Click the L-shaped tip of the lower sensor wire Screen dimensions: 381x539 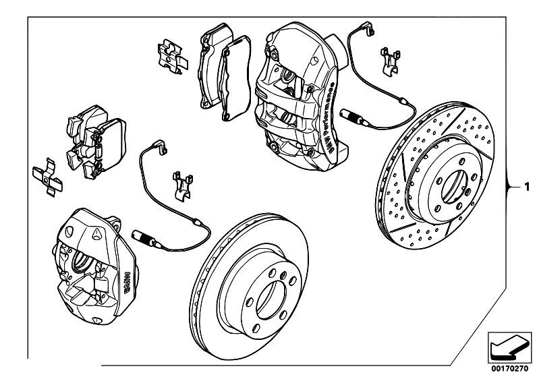[x=160, y=144]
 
